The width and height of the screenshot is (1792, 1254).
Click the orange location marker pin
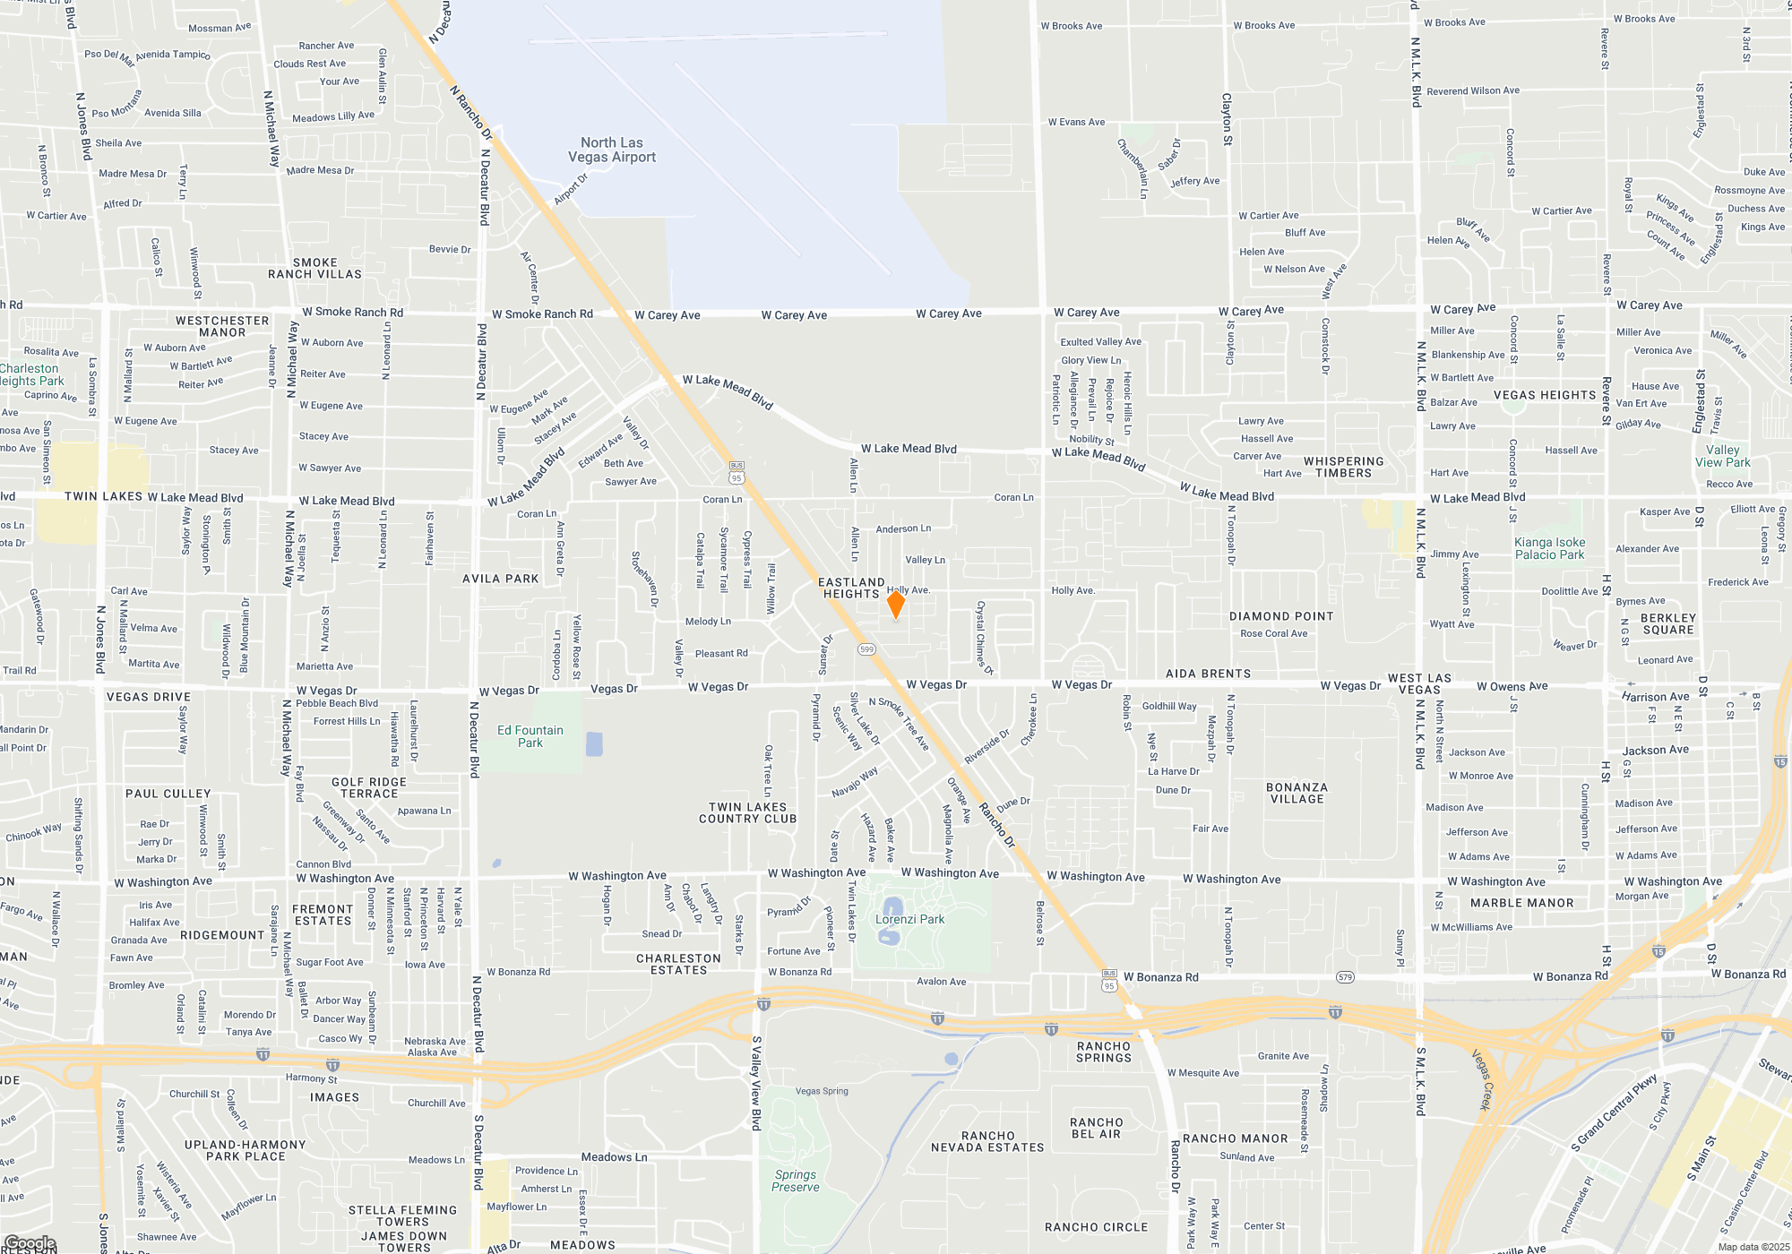[895, 604]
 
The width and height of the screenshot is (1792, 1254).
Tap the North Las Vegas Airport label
[612, 150]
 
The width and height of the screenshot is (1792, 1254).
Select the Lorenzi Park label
[909, 919]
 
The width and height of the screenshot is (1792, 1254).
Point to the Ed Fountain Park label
[530, 736]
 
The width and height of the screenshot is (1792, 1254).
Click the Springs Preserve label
[796, 1181]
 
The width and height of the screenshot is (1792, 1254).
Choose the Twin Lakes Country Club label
[747, 812]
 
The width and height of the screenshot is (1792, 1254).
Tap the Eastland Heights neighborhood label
[851, 588]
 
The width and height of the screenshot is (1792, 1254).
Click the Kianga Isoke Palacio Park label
[1549, 548]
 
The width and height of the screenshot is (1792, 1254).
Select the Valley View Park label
[1722, 456]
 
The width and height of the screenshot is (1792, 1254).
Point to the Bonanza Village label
[1297, 793]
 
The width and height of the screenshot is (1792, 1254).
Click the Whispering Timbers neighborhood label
[1343, 467]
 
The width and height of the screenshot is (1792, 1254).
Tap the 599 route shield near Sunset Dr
[866, 649]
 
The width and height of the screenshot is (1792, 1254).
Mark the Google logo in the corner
[30, 1243]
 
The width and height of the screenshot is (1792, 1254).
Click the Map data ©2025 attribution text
[1753, 1247]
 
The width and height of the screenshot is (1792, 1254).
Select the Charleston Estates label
[678, 964]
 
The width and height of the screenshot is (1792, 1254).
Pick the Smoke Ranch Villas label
[314, 269]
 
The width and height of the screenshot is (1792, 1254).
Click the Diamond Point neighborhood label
[1281, 616]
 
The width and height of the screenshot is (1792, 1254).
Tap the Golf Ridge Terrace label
[369, 787]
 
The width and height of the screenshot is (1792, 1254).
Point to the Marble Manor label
[1521, 903]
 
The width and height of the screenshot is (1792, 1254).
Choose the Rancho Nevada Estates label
[987, 1141]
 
